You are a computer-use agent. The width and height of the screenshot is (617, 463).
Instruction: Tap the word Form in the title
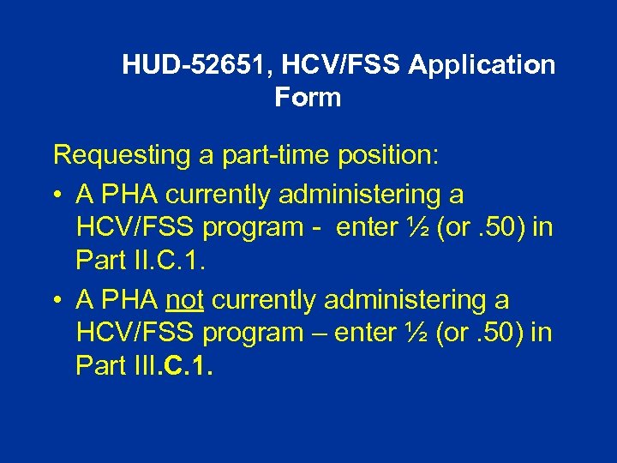tap(308, 98)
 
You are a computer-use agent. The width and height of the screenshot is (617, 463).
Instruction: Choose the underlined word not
tap(186, 301)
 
